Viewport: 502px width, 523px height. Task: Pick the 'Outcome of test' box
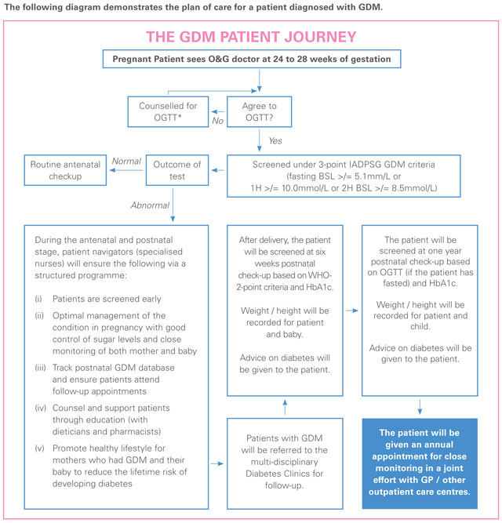click(175, 172)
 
